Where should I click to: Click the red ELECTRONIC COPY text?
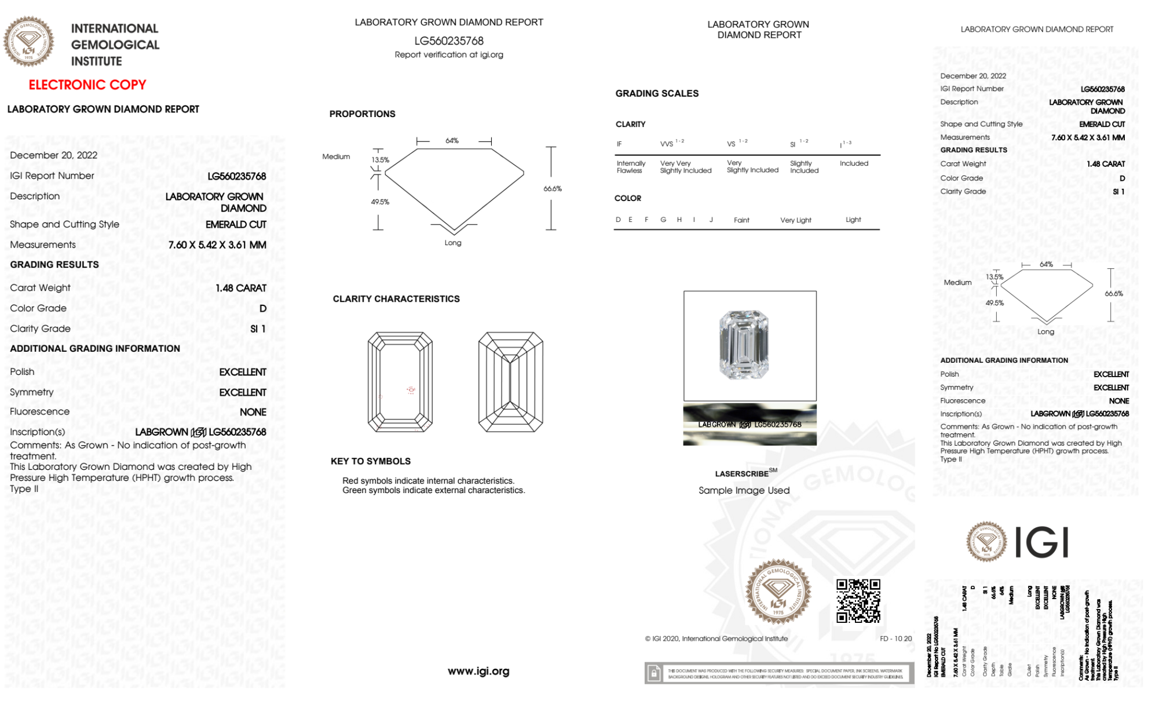(x=87, y=85)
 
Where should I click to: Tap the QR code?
(x=858, y=600)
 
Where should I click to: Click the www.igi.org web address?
(x=478, y=671)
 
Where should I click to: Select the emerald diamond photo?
(x=744, y=345)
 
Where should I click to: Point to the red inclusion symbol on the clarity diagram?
(x=411, y=390)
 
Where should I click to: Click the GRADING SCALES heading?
(x=657, y=93)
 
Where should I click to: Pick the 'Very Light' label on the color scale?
(x=795, y=220)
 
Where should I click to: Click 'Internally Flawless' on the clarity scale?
(x=631, y=167)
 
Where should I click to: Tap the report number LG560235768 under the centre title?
(x=449, y=41)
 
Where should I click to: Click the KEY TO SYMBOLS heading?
(x=371, y=461)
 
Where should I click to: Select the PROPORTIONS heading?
(x=363, y=114)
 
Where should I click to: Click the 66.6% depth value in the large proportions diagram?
(x=553, y=189)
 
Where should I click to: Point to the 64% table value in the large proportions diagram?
(x=452, y=141)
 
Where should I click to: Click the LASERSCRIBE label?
(x=742, y=474)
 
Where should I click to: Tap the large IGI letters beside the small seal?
(x=1042, y=542)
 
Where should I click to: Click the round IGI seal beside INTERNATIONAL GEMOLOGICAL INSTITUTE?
(x=28, y=41)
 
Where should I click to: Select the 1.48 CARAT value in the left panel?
(x=241, y=288)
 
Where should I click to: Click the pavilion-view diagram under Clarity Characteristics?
(x=510, y=382)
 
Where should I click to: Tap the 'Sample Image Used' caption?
(x=744, y=490)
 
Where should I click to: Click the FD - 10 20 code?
(x=895, y=639)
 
